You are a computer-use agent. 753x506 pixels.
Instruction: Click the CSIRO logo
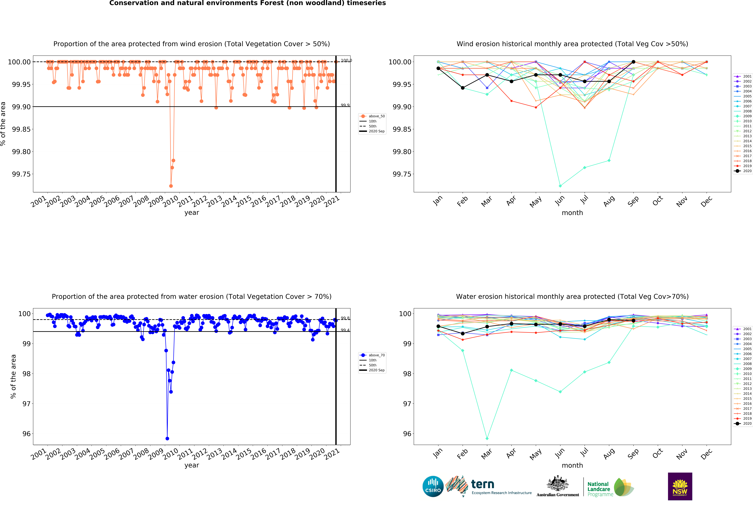point(433,486)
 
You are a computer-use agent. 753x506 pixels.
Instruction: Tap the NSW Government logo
point(680,486)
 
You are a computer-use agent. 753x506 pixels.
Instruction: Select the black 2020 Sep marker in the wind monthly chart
point(633,62)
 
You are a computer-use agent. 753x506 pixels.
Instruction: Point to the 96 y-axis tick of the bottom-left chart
point(26,434)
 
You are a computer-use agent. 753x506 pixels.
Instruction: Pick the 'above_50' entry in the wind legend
point(376,116)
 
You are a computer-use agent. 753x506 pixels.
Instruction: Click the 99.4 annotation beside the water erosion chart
point(345,330)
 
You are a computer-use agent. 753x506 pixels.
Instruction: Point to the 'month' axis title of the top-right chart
point(572,213)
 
